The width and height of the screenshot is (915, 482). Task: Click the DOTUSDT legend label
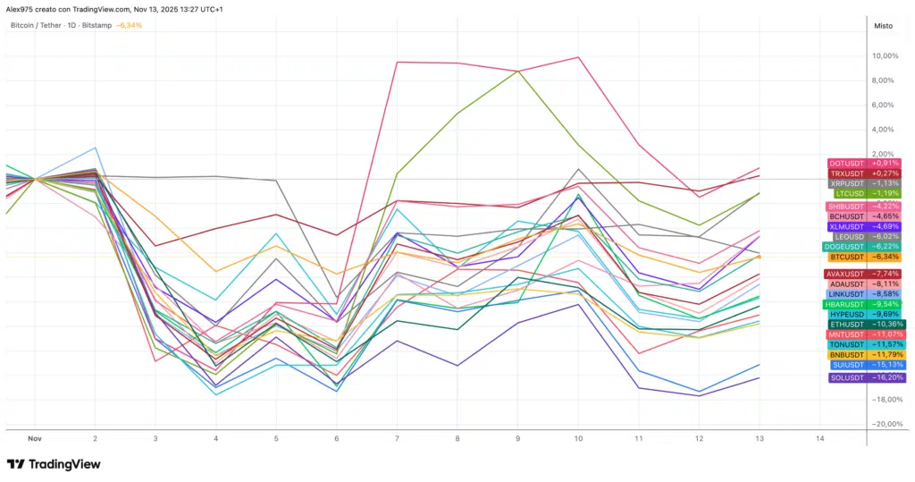(845, 163)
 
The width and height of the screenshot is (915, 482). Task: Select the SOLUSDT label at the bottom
(845, 377)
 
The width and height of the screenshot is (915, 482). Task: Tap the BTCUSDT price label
(845, 257)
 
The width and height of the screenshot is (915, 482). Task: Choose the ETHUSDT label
(845, 324)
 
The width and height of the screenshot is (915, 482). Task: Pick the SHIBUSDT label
(846, 207)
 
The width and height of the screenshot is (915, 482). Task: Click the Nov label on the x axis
(35, 438)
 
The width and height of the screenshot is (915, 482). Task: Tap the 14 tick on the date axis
(819, 438)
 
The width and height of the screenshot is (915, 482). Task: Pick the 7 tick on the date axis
(397, 438)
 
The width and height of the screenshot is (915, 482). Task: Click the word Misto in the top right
(883, 26)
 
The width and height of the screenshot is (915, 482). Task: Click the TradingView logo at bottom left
(54, 464)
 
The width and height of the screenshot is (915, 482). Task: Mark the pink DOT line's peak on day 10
(579, 57)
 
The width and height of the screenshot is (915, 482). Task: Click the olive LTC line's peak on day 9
(518, 71)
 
